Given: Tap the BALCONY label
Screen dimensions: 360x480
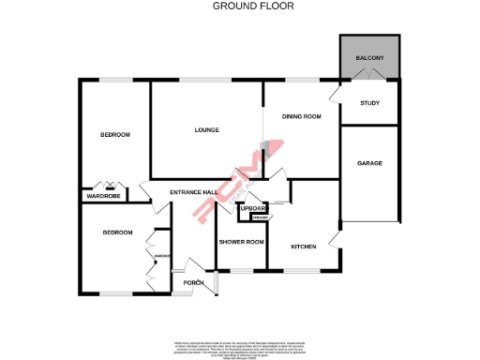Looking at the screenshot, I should tap(369, 58).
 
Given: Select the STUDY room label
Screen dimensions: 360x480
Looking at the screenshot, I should tap(369, 103).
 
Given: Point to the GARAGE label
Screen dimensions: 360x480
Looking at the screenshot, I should tap(369, 163).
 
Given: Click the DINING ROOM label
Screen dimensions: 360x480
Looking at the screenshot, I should tap(302, 116).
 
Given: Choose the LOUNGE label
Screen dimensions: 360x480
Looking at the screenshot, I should tap(206, 129).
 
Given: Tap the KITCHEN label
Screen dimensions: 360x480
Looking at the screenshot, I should tap(303, 247).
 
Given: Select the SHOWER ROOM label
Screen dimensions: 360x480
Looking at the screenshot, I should tap(242, 242).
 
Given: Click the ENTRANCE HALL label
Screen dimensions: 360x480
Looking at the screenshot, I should tap(193, 193).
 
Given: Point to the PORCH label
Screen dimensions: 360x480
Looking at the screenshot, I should tap(194, 282).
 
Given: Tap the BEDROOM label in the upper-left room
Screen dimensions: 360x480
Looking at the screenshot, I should tap(115, 135).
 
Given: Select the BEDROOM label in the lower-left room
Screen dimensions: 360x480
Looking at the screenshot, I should tap(118, 232).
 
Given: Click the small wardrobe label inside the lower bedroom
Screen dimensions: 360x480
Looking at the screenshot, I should tap(161, 255).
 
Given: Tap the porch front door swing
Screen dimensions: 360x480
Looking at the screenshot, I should tap(199, 265).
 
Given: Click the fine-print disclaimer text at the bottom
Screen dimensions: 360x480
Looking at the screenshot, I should tap(240, 347).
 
